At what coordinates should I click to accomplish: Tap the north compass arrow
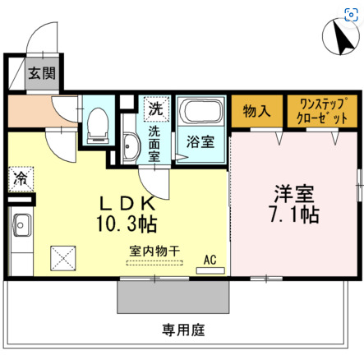(x=337, y=36)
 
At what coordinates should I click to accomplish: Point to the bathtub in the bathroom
(x=200, y=113)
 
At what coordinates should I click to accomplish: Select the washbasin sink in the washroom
(x=131, y=148)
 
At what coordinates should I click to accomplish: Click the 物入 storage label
(x=256, y=110)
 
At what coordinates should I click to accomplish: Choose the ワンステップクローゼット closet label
(x=321, y=110)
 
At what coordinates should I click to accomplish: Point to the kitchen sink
(x=19, y=224)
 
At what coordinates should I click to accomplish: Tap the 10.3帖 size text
(x=128, y=222)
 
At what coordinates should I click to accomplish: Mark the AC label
(x=210, y=260)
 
